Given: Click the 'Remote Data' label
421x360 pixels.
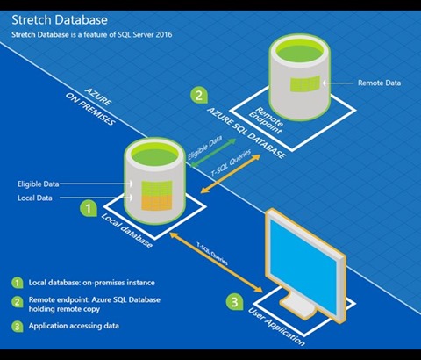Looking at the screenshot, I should pyautogui.click(x=379, y=83).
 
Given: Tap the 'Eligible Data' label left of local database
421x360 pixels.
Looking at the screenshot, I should pyautogui.click(x=39, y=184).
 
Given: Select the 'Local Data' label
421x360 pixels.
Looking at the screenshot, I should pyautogui.click(x=35, y=198).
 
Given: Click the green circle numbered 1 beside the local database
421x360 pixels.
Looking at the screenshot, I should pyautogui.click(x=89, y=208).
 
